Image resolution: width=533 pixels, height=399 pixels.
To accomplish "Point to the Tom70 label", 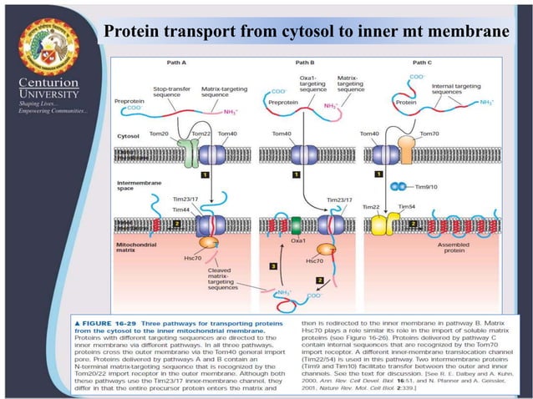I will (x=429, y=134).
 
